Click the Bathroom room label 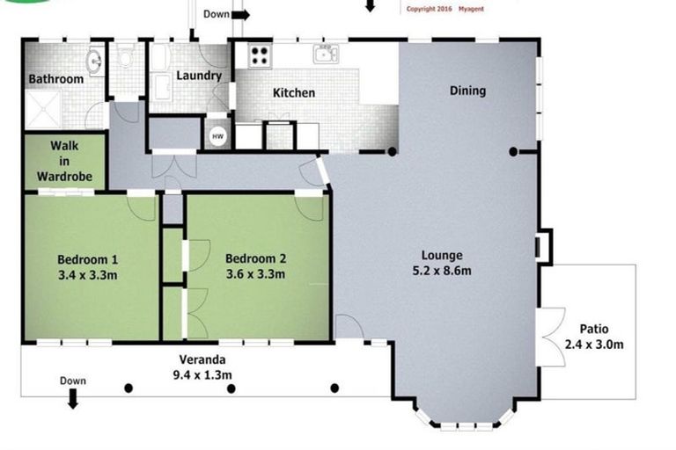[55, 79]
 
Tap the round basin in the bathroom [94, 61]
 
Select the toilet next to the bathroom [124, 58]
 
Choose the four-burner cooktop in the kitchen [261, 55]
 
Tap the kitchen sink [327, 54]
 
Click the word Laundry [198, 76]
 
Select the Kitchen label [293, 92]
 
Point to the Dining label [467, 91]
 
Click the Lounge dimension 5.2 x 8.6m [442, 271]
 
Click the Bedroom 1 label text [87, 259]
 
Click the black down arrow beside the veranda [73, 400]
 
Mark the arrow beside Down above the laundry [240, 14]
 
